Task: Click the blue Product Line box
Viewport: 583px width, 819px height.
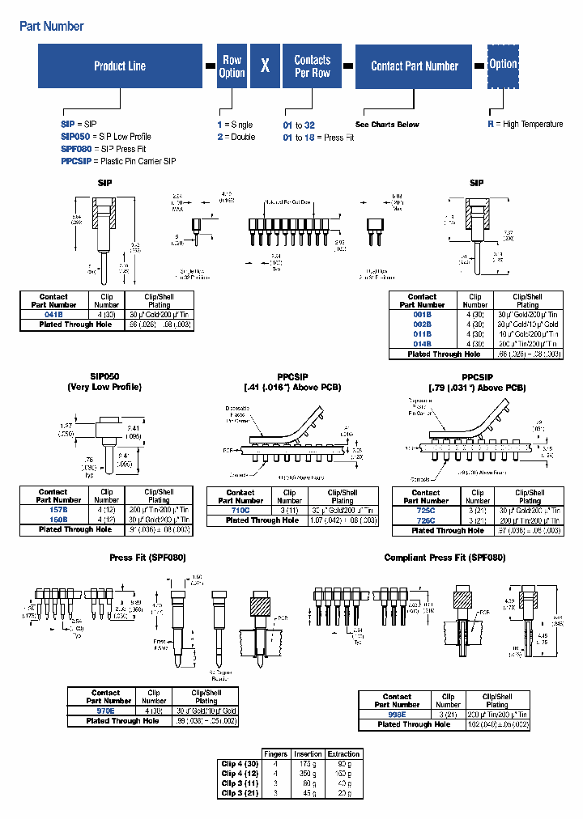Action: (x=120, y=66)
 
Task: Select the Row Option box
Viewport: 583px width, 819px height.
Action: (x=232, y=66)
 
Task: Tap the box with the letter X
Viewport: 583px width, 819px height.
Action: (x=265, y=66)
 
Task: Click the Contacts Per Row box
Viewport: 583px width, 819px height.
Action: (x=312, y=66)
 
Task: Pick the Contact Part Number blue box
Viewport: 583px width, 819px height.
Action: (x=415, y=66)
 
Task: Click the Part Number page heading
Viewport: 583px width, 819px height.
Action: (x=51, y=26)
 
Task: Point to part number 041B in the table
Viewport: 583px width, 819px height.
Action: (x=53, y=314)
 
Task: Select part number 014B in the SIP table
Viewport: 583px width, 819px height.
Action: (x=422, y=344)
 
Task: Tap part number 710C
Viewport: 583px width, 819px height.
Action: (x=240, y=511)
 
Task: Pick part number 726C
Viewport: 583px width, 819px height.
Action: (x=425, y=520)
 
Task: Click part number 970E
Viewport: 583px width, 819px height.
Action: (x=105, y=711)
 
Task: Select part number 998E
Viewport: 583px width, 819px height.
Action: (x=397, y=715)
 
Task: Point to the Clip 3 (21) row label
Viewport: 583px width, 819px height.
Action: (x=240, y=792)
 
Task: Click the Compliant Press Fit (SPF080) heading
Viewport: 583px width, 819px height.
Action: (x=445, y=558)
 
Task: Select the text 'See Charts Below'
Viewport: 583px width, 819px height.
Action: (x=387, y=125)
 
